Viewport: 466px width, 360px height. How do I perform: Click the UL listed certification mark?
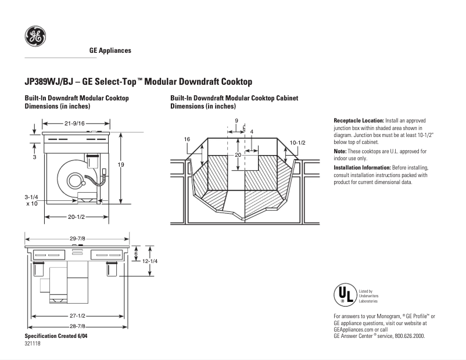point(342,294)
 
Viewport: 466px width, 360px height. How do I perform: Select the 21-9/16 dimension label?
point(75,123)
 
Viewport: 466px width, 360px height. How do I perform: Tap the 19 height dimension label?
point(121,165)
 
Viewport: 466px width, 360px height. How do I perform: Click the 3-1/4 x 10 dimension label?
point(32,201)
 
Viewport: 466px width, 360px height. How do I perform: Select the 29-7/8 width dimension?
point(77,239)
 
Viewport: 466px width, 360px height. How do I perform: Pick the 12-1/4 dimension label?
point(150,261)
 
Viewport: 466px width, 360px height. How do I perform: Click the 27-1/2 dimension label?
point(77,316)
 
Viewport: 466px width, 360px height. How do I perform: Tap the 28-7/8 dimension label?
point(77,327)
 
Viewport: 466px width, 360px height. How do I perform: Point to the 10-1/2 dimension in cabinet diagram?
point(297,142)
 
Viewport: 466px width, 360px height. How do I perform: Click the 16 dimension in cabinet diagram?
point(187,139)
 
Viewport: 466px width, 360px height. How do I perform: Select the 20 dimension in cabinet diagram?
point(238,155)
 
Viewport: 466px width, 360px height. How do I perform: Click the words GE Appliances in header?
point(110,51)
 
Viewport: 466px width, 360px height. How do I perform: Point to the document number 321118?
point(33,344)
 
